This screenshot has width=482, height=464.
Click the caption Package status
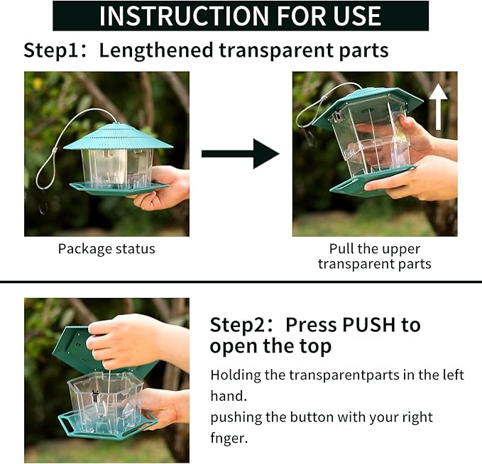point(106,249)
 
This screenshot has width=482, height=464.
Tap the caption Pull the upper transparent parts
point(374,257)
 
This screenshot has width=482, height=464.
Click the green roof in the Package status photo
point(118,136)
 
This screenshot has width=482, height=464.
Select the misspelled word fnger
point(229,438)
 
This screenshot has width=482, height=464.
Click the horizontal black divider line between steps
point(241,282)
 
